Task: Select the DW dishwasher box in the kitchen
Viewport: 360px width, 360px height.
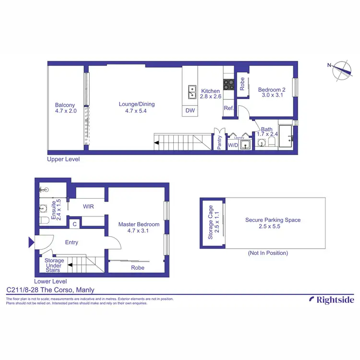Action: pyautogui.click(x=190, y=110)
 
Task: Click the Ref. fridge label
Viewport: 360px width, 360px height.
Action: pyautogui.click(x=228, y=108)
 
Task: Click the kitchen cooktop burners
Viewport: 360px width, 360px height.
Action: pyautogui.click(x=228, y=84)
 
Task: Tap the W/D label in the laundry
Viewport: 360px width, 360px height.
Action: pyautogui.click(x=233, y=145)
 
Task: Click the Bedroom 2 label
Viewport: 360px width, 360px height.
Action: pyautogui.click(x=272, y=89)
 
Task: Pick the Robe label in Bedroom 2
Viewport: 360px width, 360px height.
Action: pyautogui.click(x=242, y=84)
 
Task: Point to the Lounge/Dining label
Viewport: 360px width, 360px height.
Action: pyautogui.click(x=137, y=104)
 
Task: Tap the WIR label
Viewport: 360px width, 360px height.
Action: pyautogui.click(x=88, y=207)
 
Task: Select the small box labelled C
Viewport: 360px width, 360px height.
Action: pyautogui.click(x=74, y=224)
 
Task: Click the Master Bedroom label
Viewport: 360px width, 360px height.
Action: pyautogui.click(x=139, y=224)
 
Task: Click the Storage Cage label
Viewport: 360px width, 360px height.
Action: pyautogui.click(x=210, y=223)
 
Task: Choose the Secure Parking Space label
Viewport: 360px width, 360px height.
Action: pyautogui.click(x=273, y=220)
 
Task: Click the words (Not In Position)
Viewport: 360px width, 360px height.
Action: pyautogui.click(x=268, y=253)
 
